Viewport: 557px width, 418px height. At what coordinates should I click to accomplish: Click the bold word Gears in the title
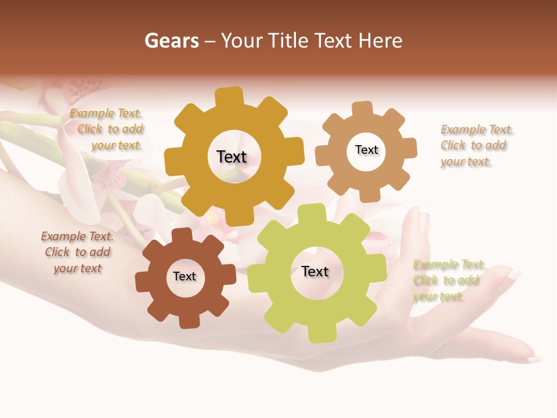[x=171, y=41]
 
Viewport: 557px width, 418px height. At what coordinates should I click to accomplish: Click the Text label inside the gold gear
[x=232, y=157]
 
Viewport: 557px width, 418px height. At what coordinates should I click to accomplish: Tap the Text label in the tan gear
[x=366, y=150]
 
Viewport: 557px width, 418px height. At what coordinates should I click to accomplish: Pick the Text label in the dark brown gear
[x=185, y=276]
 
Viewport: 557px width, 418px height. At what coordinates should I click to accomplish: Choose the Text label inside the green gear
[x=315, y=271]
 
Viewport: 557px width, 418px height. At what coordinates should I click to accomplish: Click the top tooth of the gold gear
[x=230, y=96]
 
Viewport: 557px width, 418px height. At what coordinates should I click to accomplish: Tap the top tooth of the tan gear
[x=362, y=109]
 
